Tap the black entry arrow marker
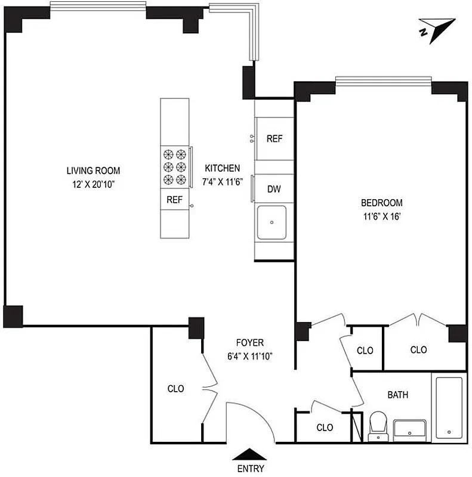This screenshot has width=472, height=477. point(250,454)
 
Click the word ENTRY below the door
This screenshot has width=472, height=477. point(250,469)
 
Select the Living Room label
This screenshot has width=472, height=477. point(90,171)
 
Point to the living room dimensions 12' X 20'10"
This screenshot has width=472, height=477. point(90,185)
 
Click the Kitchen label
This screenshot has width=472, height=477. point(223,168)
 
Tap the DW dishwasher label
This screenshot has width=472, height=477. point(274,190)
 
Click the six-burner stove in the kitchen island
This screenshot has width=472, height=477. point(174,167)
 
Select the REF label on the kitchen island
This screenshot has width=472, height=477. point(174,200)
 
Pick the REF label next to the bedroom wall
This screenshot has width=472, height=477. point(274,139)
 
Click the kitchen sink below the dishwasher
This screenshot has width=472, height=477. point(272,222)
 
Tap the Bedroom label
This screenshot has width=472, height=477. point(382,203)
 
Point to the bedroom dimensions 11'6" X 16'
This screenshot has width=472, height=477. point(382,216)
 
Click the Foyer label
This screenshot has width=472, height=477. point(249,343)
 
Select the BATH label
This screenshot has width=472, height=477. point(398,395)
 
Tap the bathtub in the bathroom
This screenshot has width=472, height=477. point(448,407)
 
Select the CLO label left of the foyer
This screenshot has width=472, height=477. point(175,389)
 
